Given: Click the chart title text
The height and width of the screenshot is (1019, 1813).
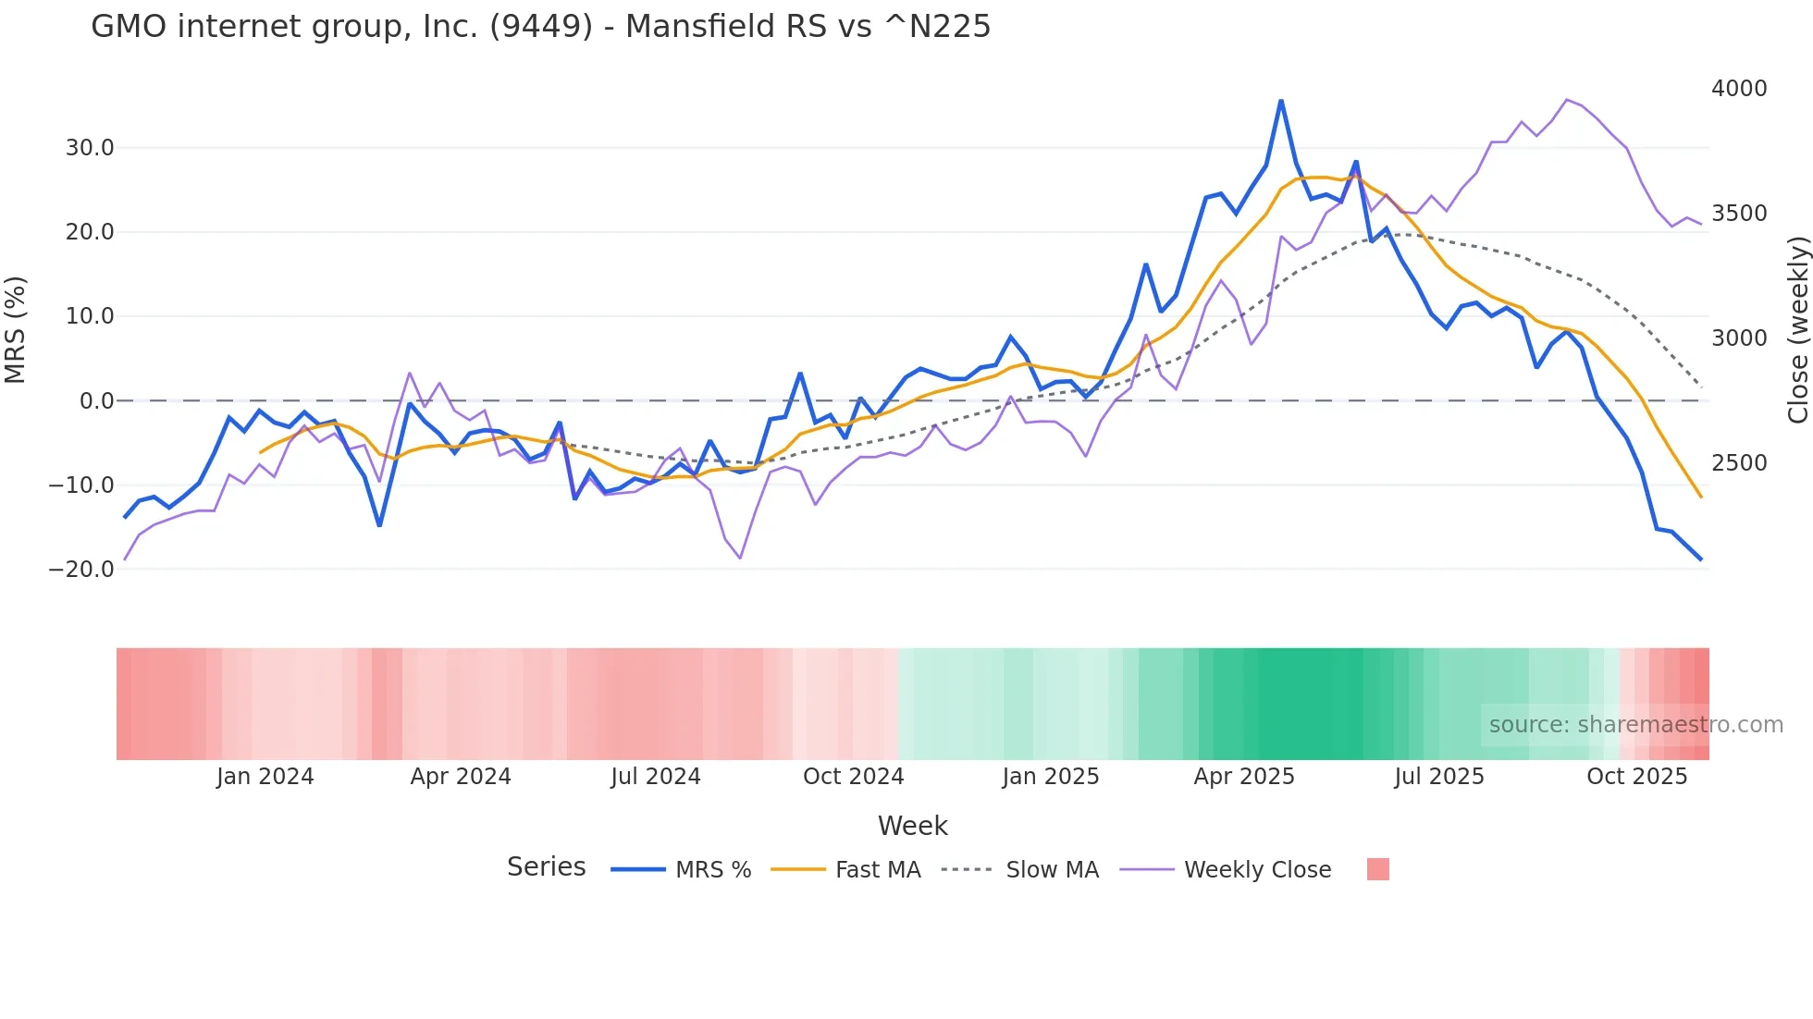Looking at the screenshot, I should pos(540,27).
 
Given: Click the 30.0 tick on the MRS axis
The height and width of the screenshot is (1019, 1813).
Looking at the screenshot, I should pos(89,148).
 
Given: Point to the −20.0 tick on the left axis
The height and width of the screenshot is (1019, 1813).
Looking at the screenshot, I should pos(81,570).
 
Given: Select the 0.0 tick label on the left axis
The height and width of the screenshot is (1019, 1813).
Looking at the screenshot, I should pos(96,401).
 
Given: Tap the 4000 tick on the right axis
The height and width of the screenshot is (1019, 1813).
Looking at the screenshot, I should pos(1739,89).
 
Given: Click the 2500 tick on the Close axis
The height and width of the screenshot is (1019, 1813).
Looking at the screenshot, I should pos(1739,463).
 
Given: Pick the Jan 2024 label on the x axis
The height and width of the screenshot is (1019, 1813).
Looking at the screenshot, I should pos(265,777).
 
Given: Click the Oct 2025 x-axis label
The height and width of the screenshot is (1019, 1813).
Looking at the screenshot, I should pos(1636,777).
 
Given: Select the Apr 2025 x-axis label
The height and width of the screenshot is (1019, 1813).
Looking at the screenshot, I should pos(1243,777).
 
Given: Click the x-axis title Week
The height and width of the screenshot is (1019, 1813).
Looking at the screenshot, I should pos(912,826).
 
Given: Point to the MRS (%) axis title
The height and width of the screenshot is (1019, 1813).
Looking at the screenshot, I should pos(15,329).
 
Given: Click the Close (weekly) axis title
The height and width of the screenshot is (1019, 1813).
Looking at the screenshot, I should pos(1797,329).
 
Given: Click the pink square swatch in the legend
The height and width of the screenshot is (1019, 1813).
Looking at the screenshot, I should pos(1377,869).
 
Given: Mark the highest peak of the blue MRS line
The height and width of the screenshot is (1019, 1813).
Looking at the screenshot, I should pos(1281,101).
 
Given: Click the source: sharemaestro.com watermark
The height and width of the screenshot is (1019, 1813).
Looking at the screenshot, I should pos(1635,725).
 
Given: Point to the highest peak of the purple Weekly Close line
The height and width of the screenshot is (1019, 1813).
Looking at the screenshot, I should pos(1567,100).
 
